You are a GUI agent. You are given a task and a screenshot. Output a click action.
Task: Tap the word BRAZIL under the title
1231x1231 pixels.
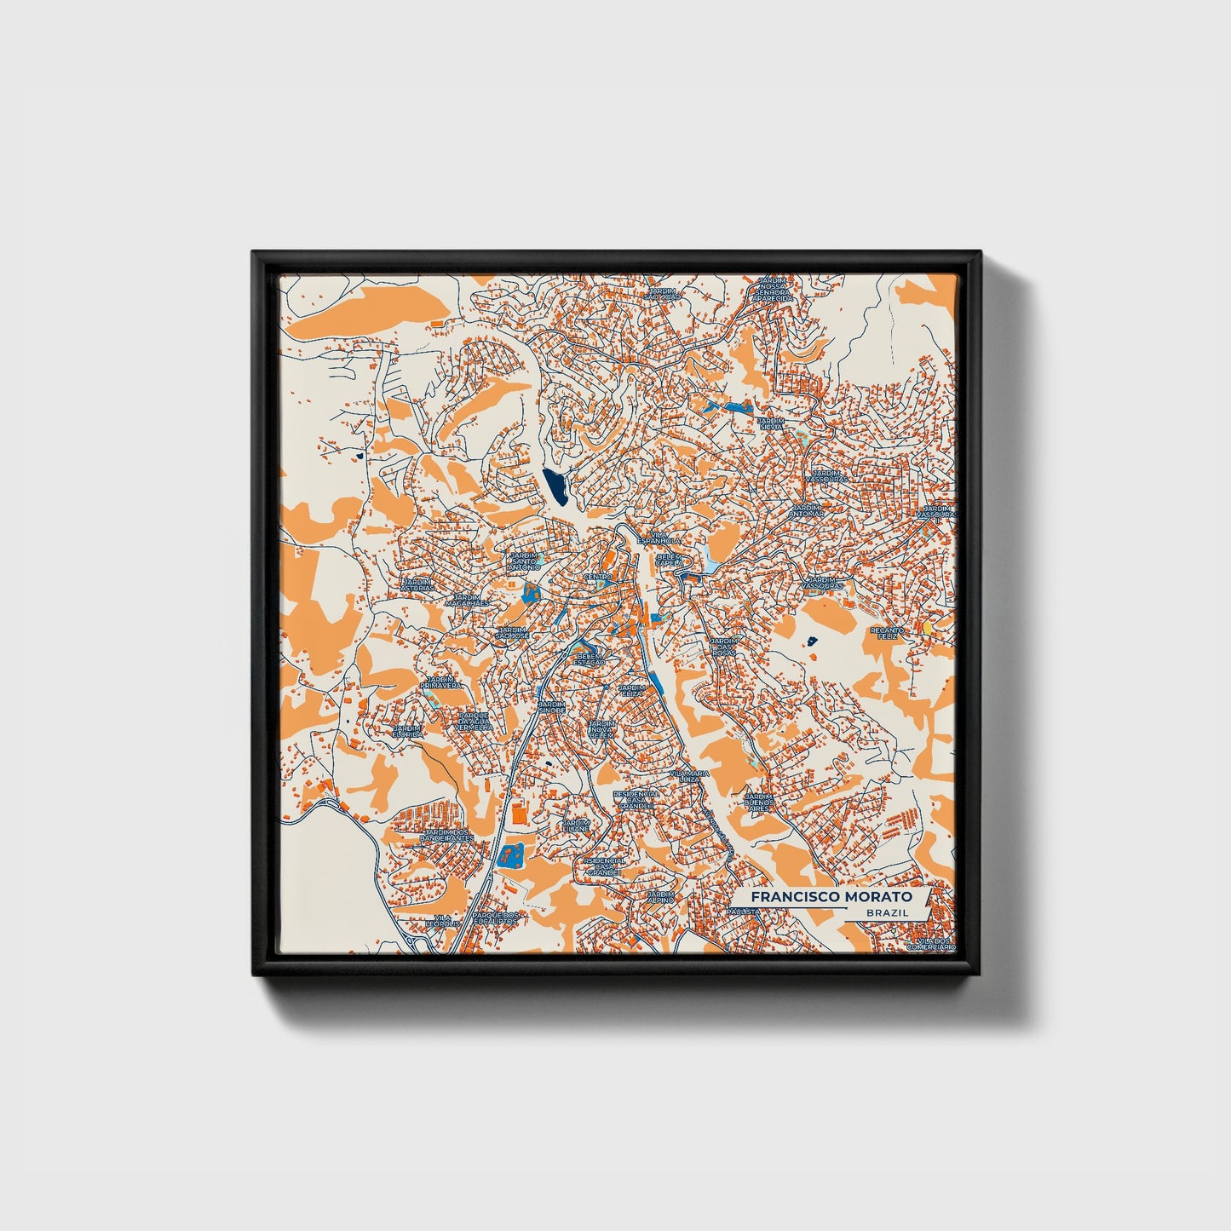click(x=885, y=912)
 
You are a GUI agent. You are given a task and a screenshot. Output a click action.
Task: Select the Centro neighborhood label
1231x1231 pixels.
click(x=598, y=577)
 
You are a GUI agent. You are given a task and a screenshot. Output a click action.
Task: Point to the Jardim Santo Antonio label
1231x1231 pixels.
click(x=525, y=561)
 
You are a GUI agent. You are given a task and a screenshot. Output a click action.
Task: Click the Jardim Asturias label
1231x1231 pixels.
click(x=417, y=584)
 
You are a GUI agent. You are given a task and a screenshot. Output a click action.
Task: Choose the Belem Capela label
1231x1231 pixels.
click(x=670, y=560)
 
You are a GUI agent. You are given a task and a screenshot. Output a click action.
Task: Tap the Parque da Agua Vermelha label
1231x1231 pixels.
click(x=474, y=722)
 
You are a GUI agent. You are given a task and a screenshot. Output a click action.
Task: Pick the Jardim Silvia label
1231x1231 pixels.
click(x=771, y=423)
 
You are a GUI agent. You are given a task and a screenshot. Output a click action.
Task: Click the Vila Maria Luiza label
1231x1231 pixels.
click(x=688, y=776)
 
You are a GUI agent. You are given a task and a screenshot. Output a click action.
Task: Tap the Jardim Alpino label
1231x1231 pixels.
click(x=661, y=896)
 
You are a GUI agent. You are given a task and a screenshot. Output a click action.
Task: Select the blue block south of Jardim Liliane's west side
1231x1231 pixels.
click(x=511, y=854)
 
